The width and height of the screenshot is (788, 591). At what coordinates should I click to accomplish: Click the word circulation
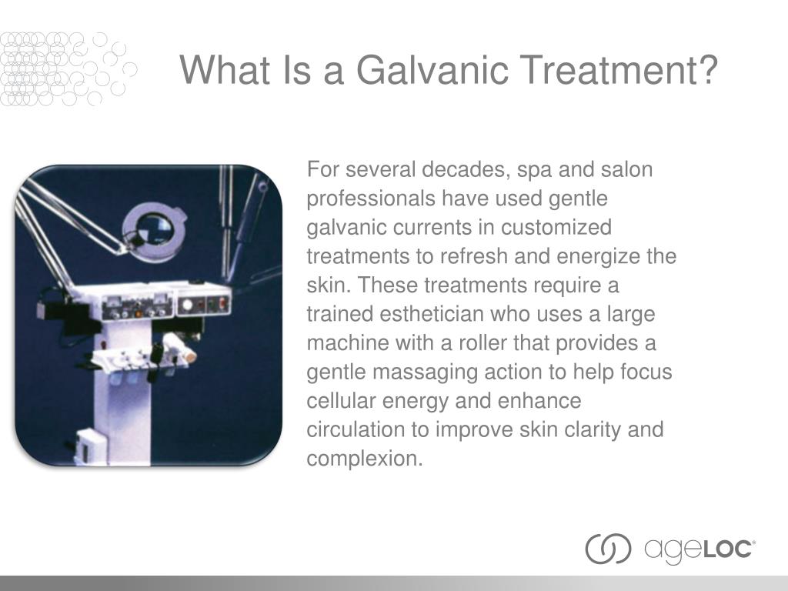click(x=356, y=429)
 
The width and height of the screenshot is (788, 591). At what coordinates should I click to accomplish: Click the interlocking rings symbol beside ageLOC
click(x=608, y=549)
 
